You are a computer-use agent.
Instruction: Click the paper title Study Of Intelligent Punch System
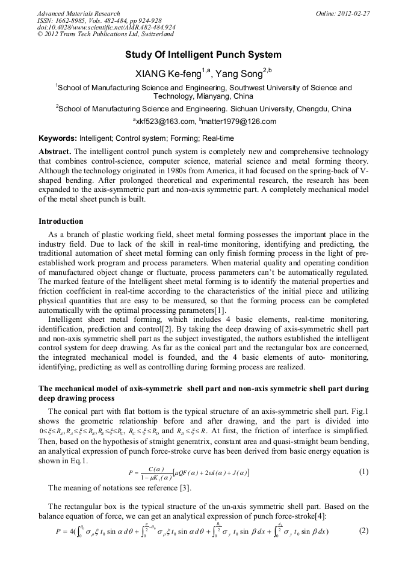tap(203, 55)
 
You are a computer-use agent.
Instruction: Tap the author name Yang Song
tap(235, 73)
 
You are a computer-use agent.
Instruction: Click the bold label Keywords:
tap(57, 138)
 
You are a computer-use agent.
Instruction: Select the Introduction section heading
tap(61, 221)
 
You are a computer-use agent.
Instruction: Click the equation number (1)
tap(363, 472)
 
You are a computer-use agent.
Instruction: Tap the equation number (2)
tap(363, 531)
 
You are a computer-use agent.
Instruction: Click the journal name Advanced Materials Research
tap(79, 13)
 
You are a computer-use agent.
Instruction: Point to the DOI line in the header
tap(107, 28)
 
